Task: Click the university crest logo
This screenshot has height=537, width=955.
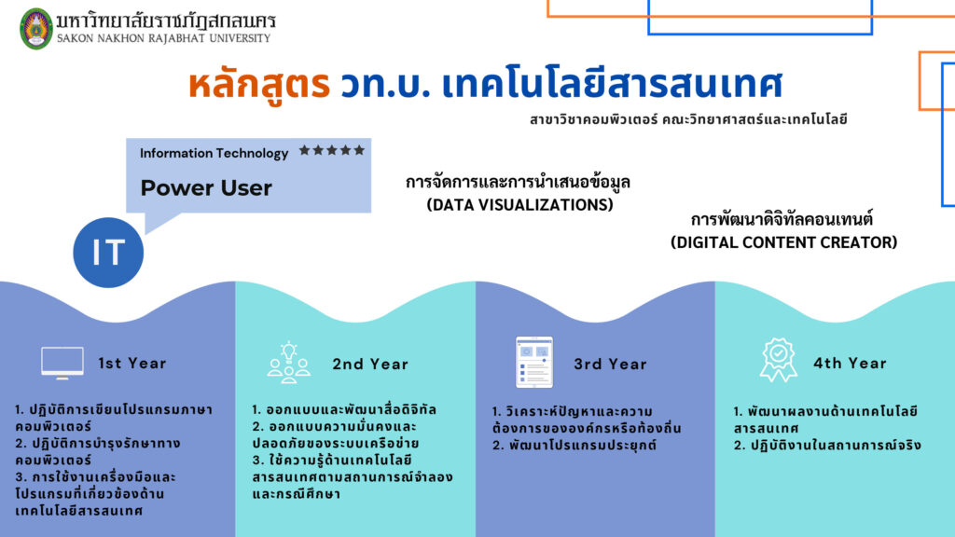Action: (36, 29)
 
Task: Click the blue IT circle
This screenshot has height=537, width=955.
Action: (108, 252)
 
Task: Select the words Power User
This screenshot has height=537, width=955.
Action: (206, 187)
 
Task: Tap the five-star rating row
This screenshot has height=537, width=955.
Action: (332, 150)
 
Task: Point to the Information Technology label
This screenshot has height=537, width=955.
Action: (214, 154)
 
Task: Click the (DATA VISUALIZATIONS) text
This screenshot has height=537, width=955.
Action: (519, 204)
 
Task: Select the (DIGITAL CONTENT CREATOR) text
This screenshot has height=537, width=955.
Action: (783, 242)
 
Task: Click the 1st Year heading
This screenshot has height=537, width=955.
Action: (132, 364)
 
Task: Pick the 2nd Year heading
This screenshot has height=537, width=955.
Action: (370, 365)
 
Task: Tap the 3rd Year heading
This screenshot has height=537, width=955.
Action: (610, 365)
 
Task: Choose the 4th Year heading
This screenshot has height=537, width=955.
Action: (851, 364)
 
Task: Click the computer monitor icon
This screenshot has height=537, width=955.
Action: (62, 363)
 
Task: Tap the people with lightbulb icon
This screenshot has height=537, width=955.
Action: (289, 363)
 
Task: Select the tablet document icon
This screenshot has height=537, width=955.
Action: (534, 363)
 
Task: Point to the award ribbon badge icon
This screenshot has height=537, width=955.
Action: (779, 360)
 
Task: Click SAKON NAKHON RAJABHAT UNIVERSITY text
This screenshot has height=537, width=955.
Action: (164, 38)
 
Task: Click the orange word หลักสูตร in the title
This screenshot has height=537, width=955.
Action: (259, 84)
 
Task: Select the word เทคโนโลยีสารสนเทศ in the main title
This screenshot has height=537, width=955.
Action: (612, 84)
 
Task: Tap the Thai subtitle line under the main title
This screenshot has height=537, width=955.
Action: (688, 119)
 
